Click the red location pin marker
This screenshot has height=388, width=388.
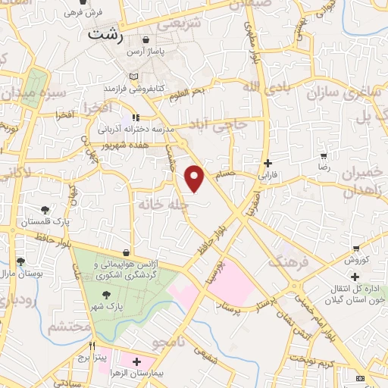[x=195, y=178]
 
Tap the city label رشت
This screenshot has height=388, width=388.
[x=104, y=34]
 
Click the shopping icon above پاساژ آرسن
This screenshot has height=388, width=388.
[x=146, y=39]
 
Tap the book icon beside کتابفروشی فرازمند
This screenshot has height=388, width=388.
[x=134, y=77]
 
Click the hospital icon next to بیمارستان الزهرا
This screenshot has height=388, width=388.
[x=136, y=362]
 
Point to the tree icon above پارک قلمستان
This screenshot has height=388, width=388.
[x=45, y=210]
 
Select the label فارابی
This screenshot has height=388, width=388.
[x=268, y=174]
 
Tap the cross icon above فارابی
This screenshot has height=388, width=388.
[x=267, y=162]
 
